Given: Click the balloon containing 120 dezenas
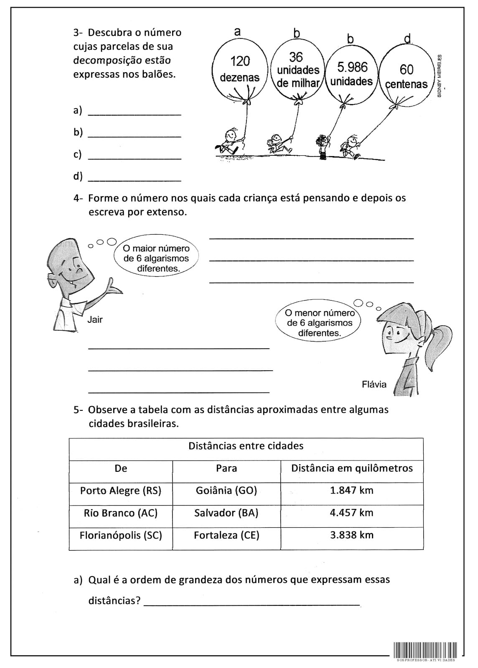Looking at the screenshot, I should click(239, 70).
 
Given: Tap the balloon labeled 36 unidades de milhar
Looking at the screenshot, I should click(297, 70).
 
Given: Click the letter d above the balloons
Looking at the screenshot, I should click(407, 39).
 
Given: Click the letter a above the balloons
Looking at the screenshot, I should click(237, 31).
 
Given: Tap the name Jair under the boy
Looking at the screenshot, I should click(95, 320).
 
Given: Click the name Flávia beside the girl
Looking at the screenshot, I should click(374, 384).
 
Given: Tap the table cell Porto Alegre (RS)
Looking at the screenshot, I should click(121, 490).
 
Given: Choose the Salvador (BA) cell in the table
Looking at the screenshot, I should click(226, 513).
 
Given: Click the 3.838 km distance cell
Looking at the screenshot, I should click(351, 535).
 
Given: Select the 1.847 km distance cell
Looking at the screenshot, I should click(351, 490).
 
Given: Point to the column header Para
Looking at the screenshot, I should click(226, 468).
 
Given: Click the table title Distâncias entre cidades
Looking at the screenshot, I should click(246, 446).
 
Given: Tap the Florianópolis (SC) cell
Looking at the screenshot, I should click(121, 535).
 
